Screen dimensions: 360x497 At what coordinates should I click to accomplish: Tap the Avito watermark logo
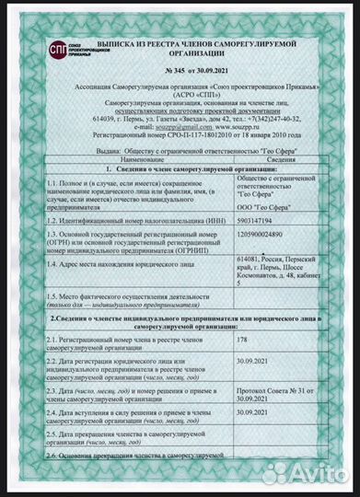point(316,476)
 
